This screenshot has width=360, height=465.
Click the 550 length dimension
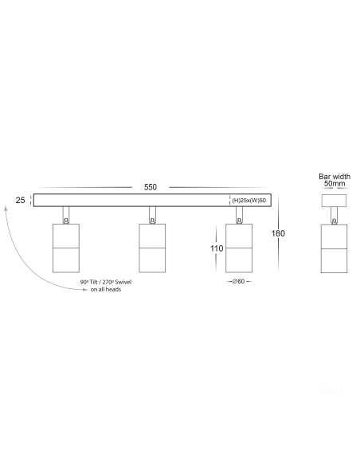point(151,187)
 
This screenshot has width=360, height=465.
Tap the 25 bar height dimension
point(20,200)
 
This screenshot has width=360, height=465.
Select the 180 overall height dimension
point(278,233)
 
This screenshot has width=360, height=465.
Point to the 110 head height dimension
point(217,248)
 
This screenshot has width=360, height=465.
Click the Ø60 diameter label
point(239,281)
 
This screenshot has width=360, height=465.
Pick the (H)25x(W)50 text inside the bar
point(249,201)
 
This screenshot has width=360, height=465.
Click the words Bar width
point(335,177)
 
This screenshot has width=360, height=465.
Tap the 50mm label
point(335,183)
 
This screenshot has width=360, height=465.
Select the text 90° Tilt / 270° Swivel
point(106,282)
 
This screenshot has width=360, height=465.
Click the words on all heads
point(106,289)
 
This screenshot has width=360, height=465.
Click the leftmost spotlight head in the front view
point(66,248)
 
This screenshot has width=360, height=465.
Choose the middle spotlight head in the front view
point(152,248)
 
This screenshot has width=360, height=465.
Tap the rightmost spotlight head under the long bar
point(239,248)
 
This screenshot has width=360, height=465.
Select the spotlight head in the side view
point(335,248)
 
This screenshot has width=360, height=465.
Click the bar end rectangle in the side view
point(335,201)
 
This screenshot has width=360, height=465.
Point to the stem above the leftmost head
point(66,215)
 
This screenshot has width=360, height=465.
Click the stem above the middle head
point(152,215)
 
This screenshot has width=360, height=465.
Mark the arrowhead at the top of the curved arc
point(6,208)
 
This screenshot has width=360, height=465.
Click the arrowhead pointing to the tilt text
point(85,290)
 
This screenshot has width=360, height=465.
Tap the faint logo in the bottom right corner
point(331,389)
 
